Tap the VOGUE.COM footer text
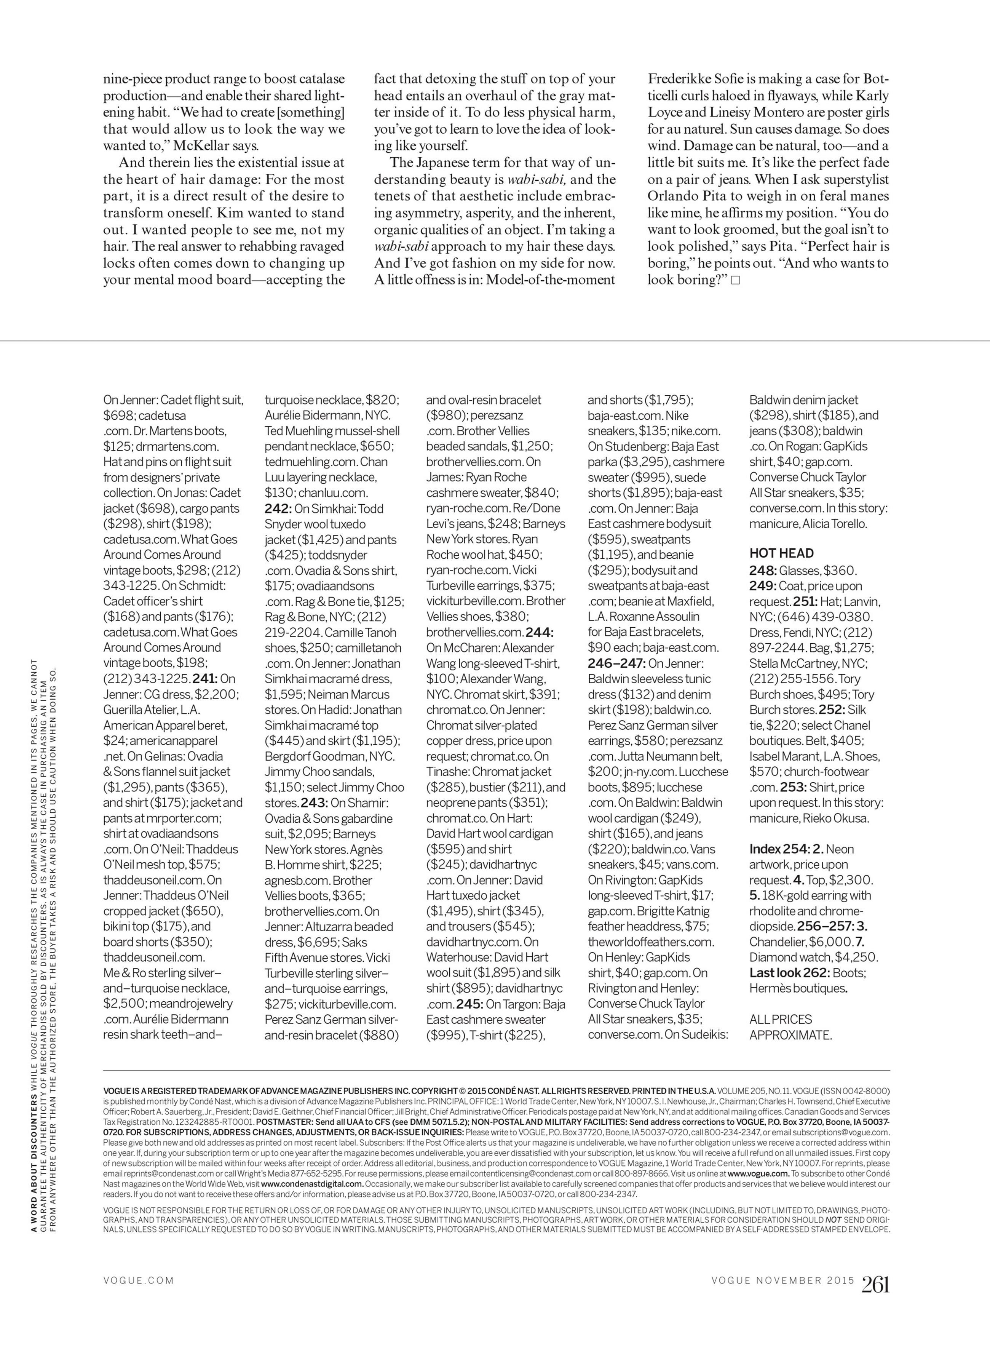point(139,1280)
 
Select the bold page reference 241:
point(204,679)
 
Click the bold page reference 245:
point(469,1004)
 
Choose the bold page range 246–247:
point(616,663)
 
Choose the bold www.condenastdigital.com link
point(311,1184)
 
